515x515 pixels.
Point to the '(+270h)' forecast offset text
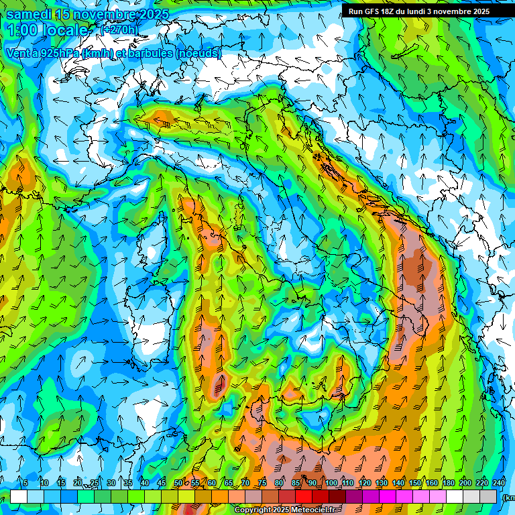pos(118,30)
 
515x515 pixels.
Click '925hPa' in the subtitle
pos(56,53)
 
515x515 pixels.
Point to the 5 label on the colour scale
pos(25,483)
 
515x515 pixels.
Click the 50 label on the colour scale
pos(178,483)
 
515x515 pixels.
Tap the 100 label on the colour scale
pos(331,483)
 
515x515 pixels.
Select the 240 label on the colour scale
pos(499,483)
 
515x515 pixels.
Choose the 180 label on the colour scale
pos(447,483)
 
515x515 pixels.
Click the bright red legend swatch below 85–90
pos(304,496)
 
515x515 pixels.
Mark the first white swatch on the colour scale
pos(19,496)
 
